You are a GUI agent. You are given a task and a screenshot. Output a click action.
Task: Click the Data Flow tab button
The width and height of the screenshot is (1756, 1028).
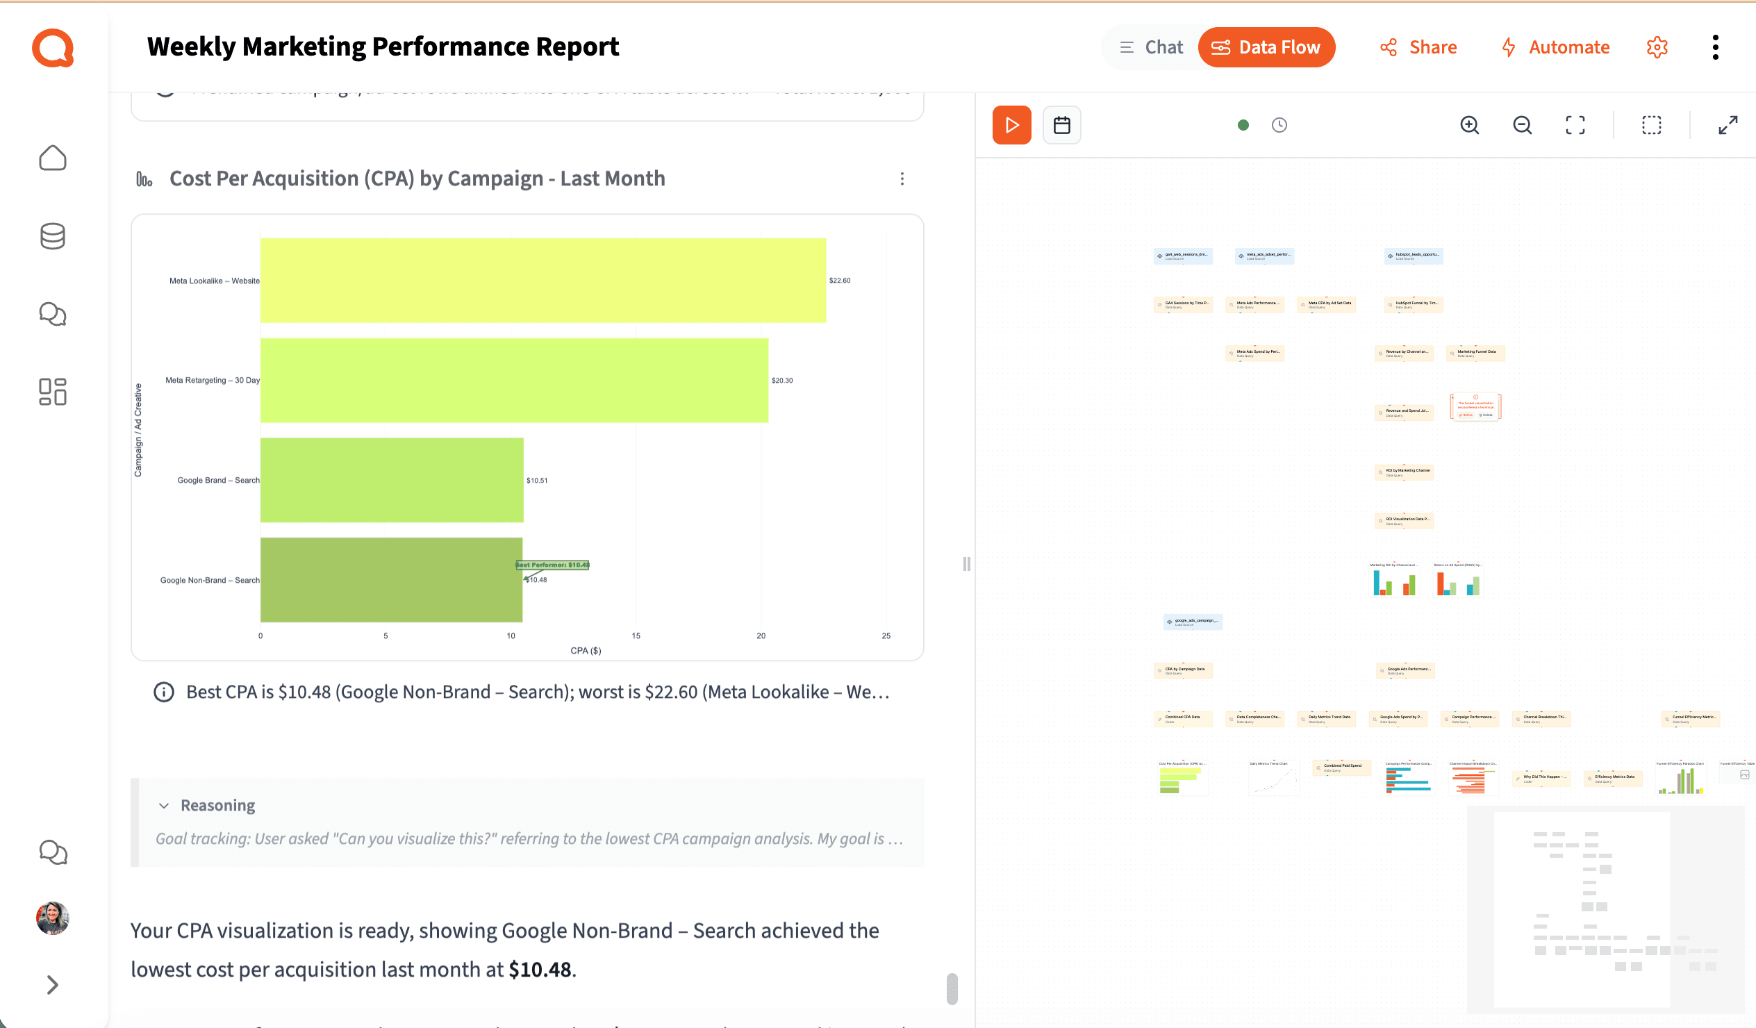[1266, 47]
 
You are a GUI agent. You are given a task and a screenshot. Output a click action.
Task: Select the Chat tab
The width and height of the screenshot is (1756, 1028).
[1151, 47]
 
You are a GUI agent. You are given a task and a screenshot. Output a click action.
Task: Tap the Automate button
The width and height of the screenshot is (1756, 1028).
[1555, 47]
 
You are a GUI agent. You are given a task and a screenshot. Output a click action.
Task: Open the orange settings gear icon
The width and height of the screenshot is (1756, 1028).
[1657, 47]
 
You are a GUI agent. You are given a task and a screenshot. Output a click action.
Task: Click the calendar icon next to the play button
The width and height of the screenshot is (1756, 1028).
[1061, 126]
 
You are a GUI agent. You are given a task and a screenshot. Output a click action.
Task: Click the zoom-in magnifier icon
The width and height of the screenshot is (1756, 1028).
[1469, 126]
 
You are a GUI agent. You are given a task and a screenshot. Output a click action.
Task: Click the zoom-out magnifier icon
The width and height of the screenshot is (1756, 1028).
[1522, 126]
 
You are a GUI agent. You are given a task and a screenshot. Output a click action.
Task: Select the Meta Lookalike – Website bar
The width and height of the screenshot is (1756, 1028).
[542, 280]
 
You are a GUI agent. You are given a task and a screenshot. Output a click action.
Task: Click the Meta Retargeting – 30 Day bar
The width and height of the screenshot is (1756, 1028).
[514, 381]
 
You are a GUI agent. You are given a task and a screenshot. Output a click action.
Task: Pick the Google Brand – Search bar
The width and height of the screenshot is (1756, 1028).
[392, 480]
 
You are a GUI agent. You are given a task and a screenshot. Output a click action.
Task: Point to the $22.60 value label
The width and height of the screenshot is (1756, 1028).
[839, 280]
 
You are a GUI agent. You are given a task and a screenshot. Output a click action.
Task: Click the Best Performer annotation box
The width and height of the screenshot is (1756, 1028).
[553, 565]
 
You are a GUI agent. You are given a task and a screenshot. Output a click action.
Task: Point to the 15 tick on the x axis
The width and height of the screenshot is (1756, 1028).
[636, 636]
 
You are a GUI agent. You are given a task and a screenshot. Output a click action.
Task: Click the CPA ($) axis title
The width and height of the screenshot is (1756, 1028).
[586, 651]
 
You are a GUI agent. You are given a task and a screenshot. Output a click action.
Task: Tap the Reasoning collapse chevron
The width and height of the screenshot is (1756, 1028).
[164, 806]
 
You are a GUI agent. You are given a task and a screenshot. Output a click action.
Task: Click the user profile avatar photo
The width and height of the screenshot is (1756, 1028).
[52, 918]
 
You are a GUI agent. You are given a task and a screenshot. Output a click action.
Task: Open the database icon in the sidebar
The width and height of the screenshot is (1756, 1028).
[52, 236]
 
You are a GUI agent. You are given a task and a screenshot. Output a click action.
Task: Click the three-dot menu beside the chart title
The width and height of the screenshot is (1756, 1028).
[902, 179]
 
